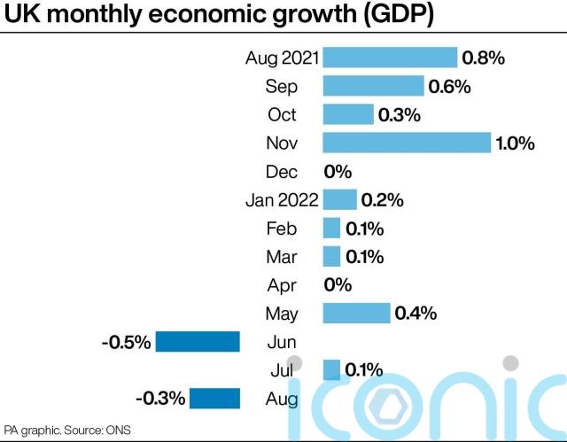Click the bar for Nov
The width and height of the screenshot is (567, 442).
click(407, 143)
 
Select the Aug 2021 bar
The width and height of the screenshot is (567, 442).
click(390, 58)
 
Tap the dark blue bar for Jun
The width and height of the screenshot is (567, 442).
click(198, 342)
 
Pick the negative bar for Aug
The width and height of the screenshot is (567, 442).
click(214, 399)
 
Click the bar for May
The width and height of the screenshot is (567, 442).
click(356, 313)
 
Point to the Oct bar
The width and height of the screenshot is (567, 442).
click(348, 114)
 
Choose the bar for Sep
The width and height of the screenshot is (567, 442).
click(373, 86)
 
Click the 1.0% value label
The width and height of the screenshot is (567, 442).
click(515, 143)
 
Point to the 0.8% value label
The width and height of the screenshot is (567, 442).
click(483, 58)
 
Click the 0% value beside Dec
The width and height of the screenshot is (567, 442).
click(338, 171)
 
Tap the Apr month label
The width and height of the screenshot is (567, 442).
click(282, 284)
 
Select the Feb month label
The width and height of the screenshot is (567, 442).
click(282, 228)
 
